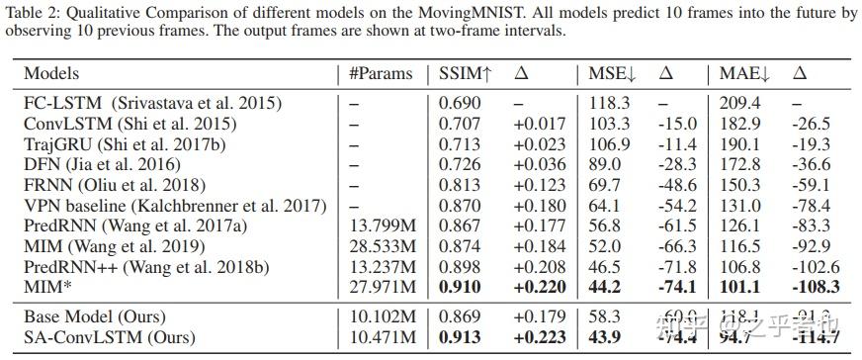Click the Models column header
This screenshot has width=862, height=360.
click(51, 73)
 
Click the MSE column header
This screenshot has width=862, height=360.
click(609, 73)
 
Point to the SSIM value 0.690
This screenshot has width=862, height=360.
click(460, 103)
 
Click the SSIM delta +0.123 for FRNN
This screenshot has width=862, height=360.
click(538, 185)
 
